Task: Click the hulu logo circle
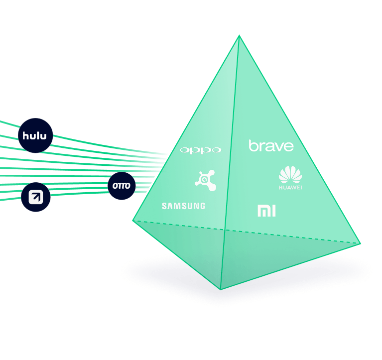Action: pos(35,134)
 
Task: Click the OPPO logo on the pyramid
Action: pos(200,150)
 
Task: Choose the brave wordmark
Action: pos(271,146)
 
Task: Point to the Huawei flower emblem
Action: pos(290,175)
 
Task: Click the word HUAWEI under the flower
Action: pos(290,188)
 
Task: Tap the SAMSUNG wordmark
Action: pos(183,206)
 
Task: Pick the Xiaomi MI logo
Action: pos(266,211)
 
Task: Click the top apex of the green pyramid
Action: pos(239,35)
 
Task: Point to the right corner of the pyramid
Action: pos(360,243)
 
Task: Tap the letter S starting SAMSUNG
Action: pos(164,206)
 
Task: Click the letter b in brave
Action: pos(252,145)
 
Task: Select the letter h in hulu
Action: pos(26,134)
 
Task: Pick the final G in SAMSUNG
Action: pos(202,206)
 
